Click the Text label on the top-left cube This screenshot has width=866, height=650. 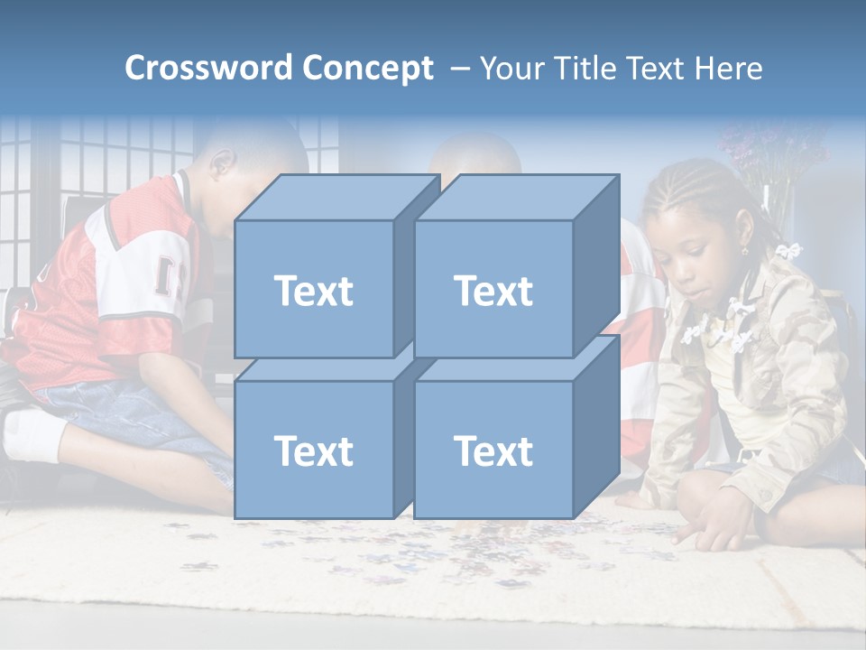coord(313,291)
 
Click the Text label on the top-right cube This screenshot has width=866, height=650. coord(493,291)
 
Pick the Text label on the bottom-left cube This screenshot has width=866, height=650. coord(313,450)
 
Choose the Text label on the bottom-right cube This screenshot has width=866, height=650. coord(493,450)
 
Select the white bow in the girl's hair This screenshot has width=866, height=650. coord(790,250)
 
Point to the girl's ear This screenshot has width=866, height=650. coord(746,242)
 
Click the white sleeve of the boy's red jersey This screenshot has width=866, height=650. coord(135,280)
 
